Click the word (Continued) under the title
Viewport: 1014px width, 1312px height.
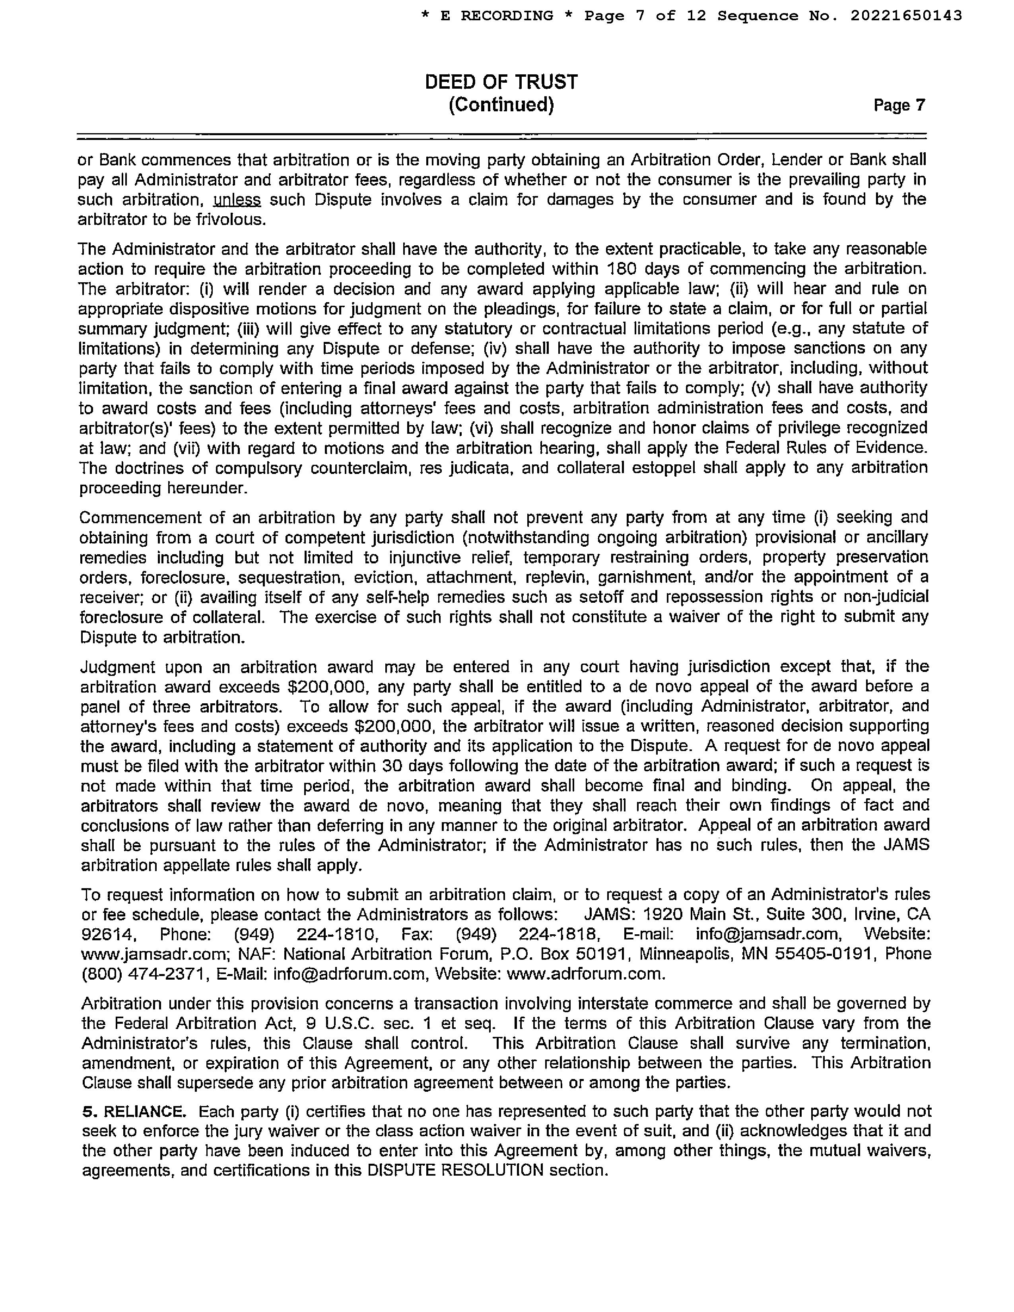pos(501,105)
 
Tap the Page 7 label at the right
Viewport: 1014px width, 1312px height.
pos(899,106)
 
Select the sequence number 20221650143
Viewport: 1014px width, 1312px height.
pos(906,16)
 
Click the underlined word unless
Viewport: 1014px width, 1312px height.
pos(237,200)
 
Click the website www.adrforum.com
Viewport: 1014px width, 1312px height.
pos(586,974)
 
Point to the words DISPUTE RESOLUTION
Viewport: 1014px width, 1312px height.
pos(455,1171)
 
